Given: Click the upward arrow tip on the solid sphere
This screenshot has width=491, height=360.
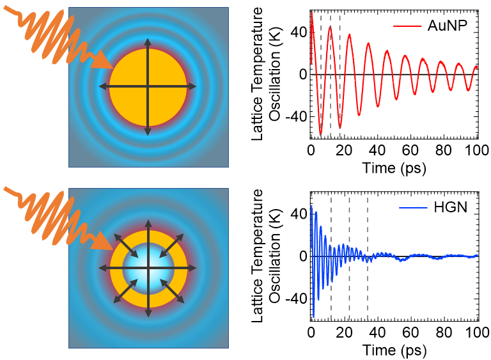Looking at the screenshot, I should click(x=148, y=41).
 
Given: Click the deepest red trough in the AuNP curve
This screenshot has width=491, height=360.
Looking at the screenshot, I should click(x=320, y=135).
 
